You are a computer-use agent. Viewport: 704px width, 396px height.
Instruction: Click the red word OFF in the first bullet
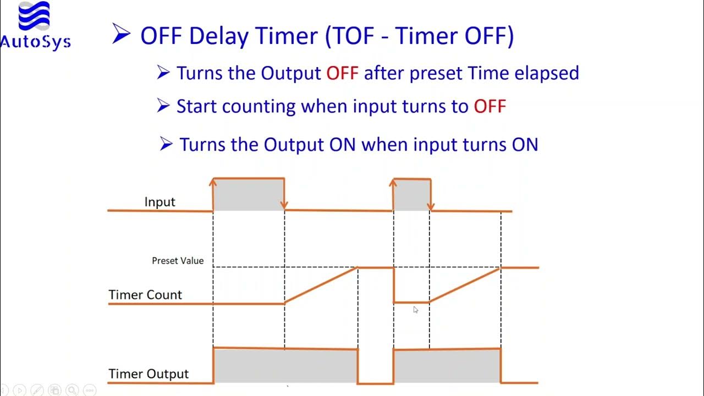coord(342,73)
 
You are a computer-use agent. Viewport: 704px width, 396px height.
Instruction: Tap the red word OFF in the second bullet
coord(490,106)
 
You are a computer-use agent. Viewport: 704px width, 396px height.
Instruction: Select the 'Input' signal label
coord(159,202)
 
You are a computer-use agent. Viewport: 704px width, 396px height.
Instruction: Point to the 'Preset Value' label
coord(178,261)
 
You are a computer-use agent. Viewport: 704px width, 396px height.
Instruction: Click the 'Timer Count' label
coord(145,295)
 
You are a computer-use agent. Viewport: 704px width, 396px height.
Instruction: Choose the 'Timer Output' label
coord(148,374)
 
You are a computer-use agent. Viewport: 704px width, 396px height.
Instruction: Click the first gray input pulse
coord(249,195)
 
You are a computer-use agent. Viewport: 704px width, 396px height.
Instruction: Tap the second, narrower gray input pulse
coord(411,195)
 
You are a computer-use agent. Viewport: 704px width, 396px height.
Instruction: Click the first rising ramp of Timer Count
coord(321,285)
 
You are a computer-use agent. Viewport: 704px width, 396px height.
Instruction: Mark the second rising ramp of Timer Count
coord(465,285)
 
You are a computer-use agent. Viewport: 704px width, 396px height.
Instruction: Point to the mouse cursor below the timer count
coord(416,310)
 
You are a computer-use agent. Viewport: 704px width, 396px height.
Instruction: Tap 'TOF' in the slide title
coord(355,36)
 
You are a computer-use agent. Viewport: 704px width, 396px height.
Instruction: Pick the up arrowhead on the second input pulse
coord(393,182)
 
